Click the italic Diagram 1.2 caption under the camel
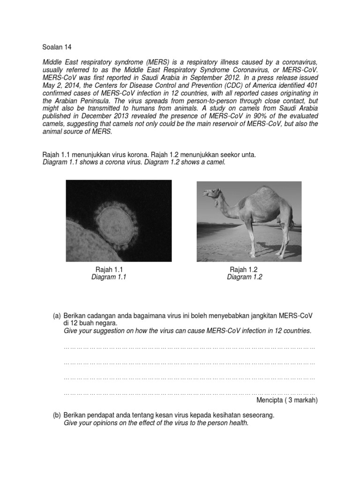pyautogui.click(x=245, y=277)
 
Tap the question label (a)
pyautogui.click(x=57, y=316)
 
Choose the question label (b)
pyautogui.click(x=57, y=415)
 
